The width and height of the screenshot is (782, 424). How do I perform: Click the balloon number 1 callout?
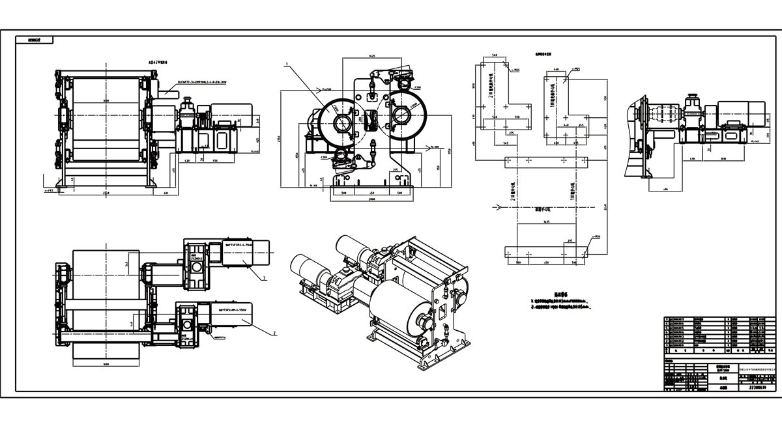pyautogui.click(x=286, y=65)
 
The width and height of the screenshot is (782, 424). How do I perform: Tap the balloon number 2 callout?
pyautogui.click(x=275, y=332)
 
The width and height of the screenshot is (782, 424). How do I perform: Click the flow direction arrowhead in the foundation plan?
pyautogui.click(x=499, y=208)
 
